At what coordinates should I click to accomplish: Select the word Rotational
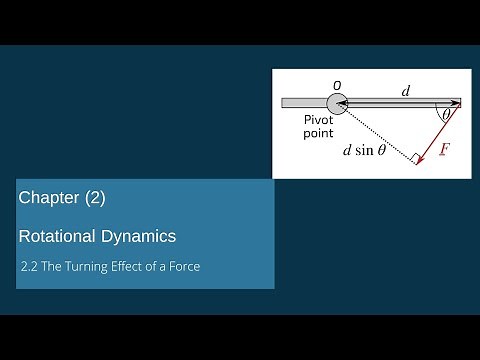pos(59,237)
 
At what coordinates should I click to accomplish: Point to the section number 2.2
pos(31,267)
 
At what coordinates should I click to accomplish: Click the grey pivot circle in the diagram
pos(336,102)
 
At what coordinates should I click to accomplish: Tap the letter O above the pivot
pos(337,85)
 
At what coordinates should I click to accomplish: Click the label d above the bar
pos(405,91)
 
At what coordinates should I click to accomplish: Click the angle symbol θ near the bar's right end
pos(446,116)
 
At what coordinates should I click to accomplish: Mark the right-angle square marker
pos(412,156)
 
